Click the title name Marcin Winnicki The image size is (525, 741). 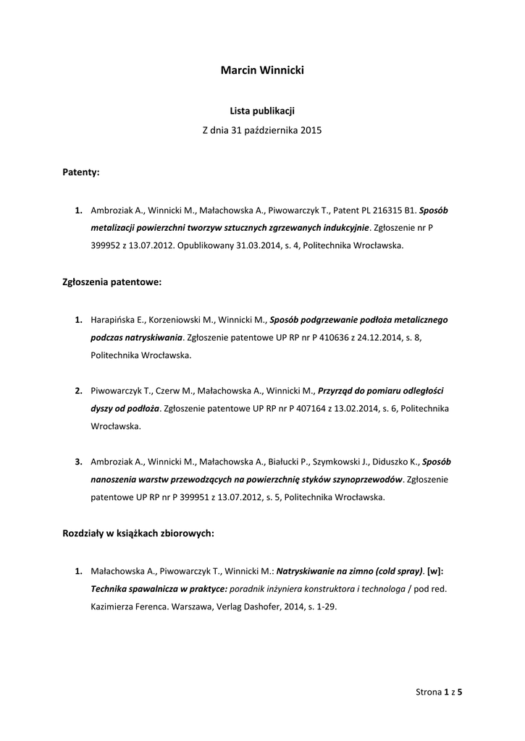[262, 70]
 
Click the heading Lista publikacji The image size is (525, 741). [262, 111]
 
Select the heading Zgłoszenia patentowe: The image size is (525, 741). [112, 282]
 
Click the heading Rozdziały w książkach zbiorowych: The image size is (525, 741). [138, 533]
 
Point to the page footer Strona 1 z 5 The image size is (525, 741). [439, 692]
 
